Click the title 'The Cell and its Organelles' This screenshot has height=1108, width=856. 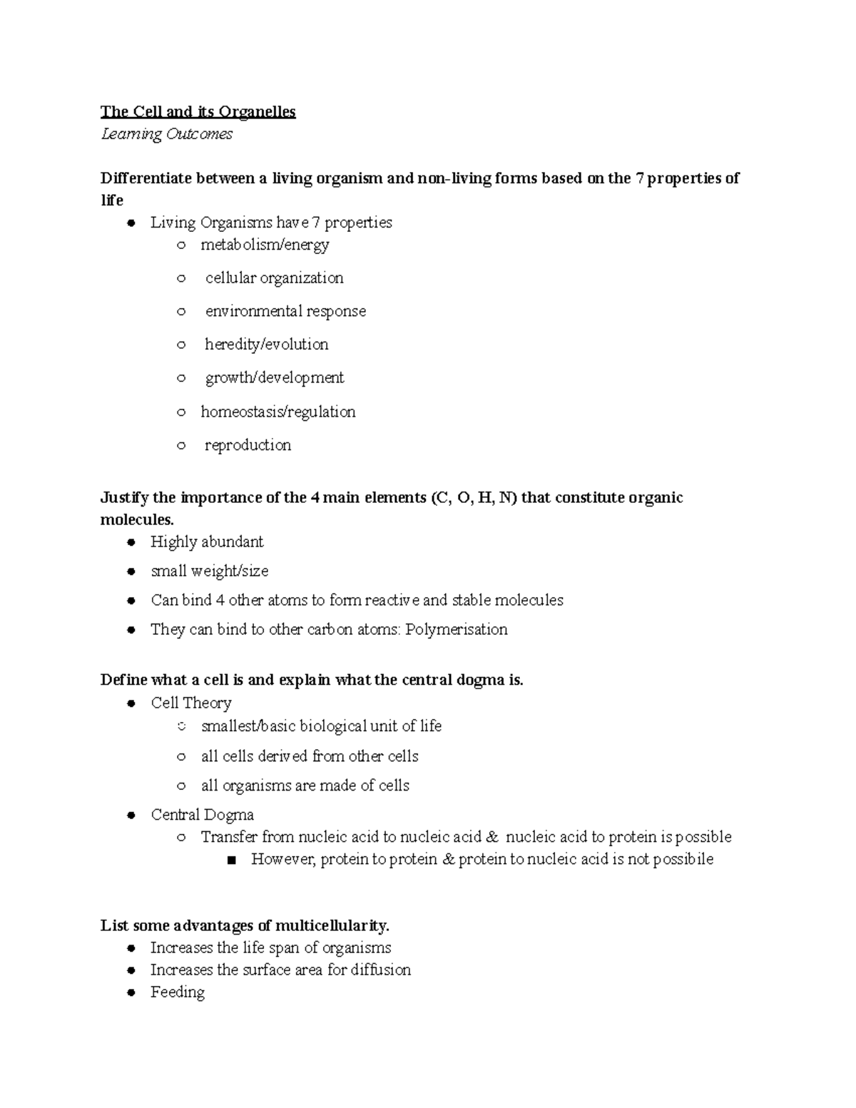click(198, 112)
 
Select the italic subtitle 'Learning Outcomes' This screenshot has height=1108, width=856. click(167, 134)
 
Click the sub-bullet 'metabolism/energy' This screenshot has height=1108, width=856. click(265, 245)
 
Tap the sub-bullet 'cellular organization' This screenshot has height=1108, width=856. click(274, 278)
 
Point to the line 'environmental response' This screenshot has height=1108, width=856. click(285, 311)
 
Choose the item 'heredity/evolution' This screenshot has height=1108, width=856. click(266, 344)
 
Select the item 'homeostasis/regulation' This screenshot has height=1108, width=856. click(277, 412)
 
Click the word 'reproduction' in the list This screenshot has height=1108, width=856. click(248, 445)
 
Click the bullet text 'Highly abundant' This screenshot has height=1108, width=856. click(207, 542)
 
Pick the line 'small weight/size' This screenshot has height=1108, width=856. click(209, 571)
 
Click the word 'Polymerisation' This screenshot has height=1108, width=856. click(457, 629)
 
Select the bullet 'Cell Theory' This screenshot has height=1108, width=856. click(191, 703)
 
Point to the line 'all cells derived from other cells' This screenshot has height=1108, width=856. click(310, 756)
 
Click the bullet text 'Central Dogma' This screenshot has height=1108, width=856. click(202, 815)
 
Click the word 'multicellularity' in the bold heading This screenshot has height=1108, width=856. click(331, 926)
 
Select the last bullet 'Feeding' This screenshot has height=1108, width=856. click(177, 992)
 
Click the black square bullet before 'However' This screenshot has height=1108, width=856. click(230, 860)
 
